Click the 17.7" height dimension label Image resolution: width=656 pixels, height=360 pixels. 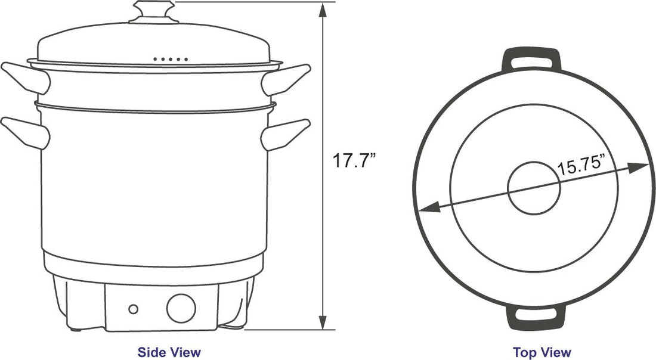point(354,162)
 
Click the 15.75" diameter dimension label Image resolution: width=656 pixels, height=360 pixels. point(581,165)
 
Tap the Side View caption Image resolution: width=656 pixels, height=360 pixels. point(169,352)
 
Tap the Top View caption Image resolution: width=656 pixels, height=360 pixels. point(542,352)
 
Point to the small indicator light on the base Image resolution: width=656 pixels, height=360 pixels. point(134,309)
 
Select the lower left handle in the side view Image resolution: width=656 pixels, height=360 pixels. point(24,132)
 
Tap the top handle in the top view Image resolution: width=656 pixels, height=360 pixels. point(533,57)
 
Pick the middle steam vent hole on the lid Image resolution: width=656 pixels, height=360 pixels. point(171,59)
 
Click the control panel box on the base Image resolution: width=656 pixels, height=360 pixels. point(160,307)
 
